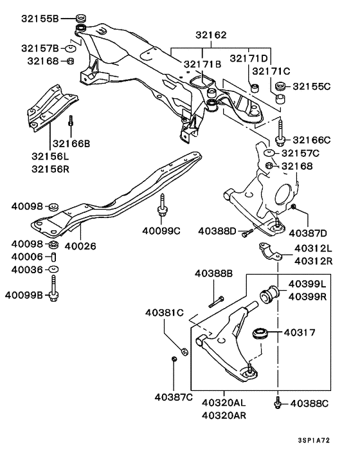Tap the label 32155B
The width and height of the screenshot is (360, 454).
[39, 19]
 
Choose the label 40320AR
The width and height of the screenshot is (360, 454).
[224, 415]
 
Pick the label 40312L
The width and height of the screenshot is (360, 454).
[313, 248]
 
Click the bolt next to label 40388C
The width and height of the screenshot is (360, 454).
[277, 403]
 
